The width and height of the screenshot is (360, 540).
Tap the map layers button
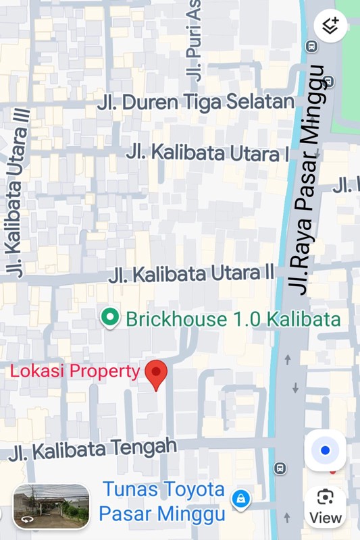tap(330, 26)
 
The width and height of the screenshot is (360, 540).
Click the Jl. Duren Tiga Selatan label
tap(196, 103)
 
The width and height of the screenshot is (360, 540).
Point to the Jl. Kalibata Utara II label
tap(192, 274)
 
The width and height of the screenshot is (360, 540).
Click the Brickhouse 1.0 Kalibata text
tap(233, 319)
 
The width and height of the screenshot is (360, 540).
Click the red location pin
tap(157, 375)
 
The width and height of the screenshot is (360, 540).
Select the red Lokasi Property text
tap(75, 371)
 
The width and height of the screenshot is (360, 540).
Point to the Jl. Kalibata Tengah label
tap(93, 449)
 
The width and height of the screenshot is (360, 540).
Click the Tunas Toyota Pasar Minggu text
tap(162, 500)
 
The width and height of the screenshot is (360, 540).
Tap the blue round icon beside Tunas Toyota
tap(240, 500)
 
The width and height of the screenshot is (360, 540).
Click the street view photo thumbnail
tap(51, 506)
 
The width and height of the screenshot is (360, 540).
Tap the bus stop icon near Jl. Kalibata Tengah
tap(280, 468)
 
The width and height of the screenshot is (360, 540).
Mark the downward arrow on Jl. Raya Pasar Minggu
tap(295, 388)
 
